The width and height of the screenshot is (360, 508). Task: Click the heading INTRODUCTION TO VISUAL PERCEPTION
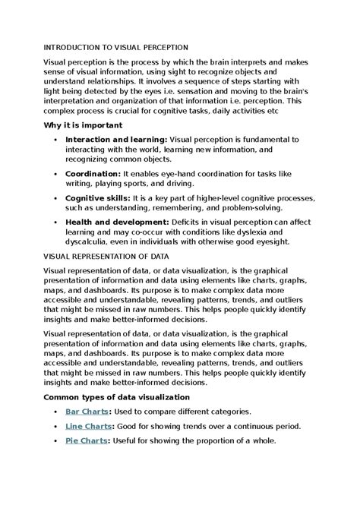click(x=115, y=47)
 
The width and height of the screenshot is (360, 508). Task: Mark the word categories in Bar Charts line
click(x=226, y=411)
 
